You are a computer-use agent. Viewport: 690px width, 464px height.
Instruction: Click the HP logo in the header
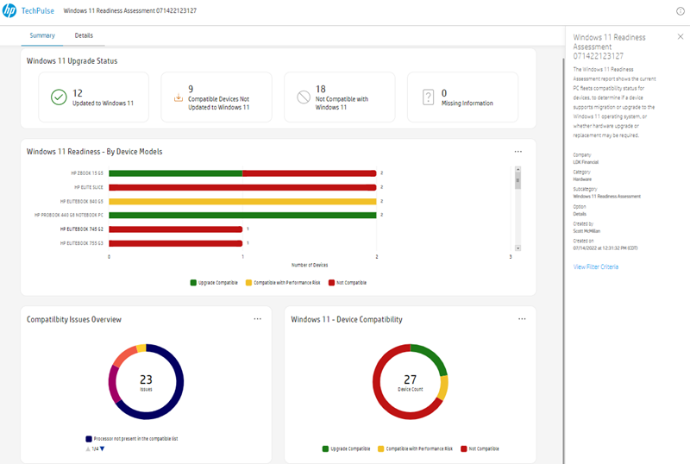[x=10, y=10]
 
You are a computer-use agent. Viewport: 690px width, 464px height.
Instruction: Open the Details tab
[x=84, y=35]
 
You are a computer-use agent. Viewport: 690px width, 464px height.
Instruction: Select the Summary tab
[x=42, y=35]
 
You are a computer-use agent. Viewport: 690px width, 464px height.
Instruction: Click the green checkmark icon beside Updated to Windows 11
[x=58, y=97]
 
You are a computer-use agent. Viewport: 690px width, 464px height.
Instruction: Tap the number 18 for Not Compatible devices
[x=320, y=90]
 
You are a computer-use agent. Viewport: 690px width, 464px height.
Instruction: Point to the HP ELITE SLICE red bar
[x=242, y=186]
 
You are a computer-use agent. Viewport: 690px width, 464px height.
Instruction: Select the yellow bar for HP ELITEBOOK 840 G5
[x=242, y=201]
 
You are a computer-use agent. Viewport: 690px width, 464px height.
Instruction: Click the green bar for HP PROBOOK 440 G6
[x=242, y=215]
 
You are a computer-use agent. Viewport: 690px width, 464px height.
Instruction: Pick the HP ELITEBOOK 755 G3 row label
[x=82, y=243]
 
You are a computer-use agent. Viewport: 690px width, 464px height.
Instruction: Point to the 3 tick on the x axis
[x=511, y=256]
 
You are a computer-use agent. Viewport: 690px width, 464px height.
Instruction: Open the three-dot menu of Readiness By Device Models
[x=518, y=152]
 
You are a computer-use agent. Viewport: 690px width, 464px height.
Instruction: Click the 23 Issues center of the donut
[x=146, y=381]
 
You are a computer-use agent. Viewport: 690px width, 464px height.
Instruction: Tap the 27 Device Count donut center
[x=410, y=381]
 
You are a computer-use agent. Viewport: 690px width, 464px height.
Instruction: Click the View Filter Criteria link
[x=596, y=266]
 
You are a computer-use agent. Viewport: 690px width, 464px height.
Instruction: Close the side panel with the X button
[x=680, y=37]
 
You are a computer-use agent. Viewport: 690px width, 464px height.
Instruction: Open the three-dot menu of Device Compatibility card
[x=522, y=319]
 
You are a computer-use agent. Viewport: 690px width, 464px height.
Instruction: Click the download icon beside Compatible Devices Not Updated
[x=179, y=97]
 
